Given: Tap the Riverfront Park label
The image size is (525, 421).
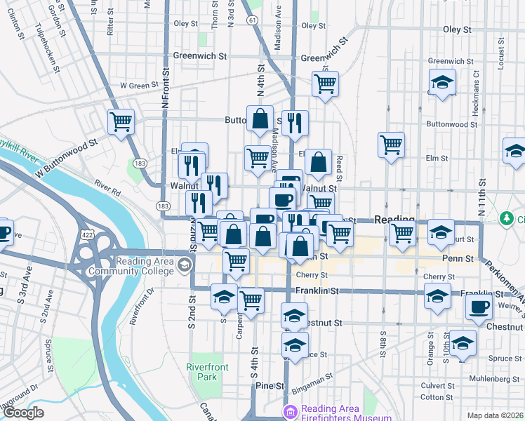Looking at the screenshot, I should (x=203, y=372).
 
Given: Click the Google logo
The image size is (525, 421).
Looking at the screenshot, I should (x=23, y=413).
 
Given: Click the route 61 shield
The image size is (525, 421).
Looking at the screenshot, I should (x=251, y=21).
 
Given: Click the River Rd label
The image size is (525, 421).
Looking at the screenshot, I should (x=107, y=189).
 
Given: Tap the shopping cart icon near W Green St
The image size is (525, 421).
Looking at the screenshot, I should (x=121, y=121).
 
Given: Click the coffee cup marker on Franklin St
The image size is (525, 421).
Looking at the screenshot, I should (x=479, y=307).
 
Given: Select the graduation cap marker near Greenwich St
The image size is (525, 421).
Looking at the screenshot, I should (x=442, y=83).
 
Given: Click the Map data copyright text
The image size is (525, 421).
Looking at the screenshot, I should (x=496, y=415).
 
